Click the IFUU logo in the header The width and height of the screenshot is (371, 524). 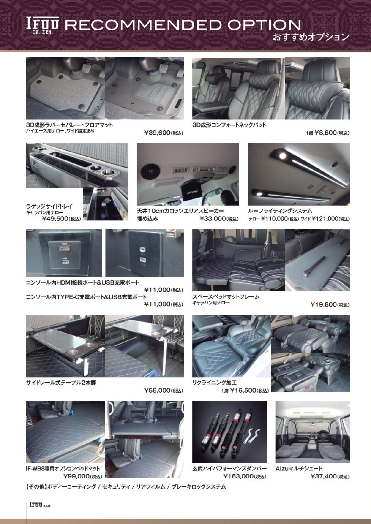(x=42, y=26)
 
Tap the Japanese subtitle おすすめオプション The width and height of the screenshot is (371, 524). (x=310, y=37)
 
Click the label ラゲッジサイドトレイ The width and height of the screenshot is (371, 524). (x=49, y=206)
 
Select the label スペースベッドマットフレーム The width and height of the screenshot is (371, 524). (x=226, y=297)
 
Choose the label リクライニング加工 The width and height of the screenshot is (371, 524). (x=214, y=383)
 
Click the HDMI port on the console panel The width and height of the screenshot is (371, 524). (x=64, y=249)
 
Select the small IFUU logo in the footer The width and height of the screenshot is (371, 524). (x=40, y=505)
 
